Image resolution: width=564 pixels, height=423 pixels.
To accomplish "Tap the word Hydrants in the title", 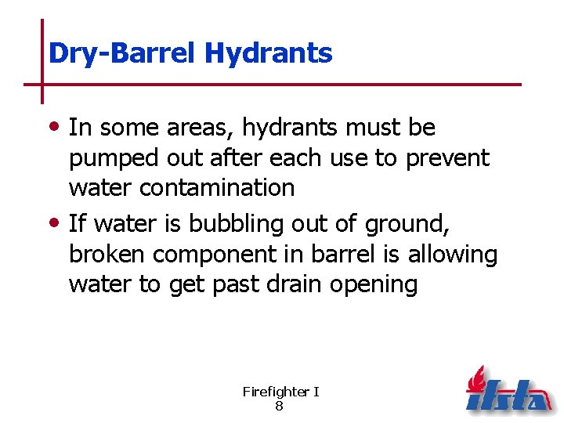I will coord(268,53).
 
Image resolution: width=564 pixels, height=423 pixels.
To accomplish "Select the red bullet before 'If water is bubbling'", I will coord(59,224).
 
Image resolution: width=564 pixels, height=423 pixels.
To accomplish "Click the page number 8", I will coord(280,407).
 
